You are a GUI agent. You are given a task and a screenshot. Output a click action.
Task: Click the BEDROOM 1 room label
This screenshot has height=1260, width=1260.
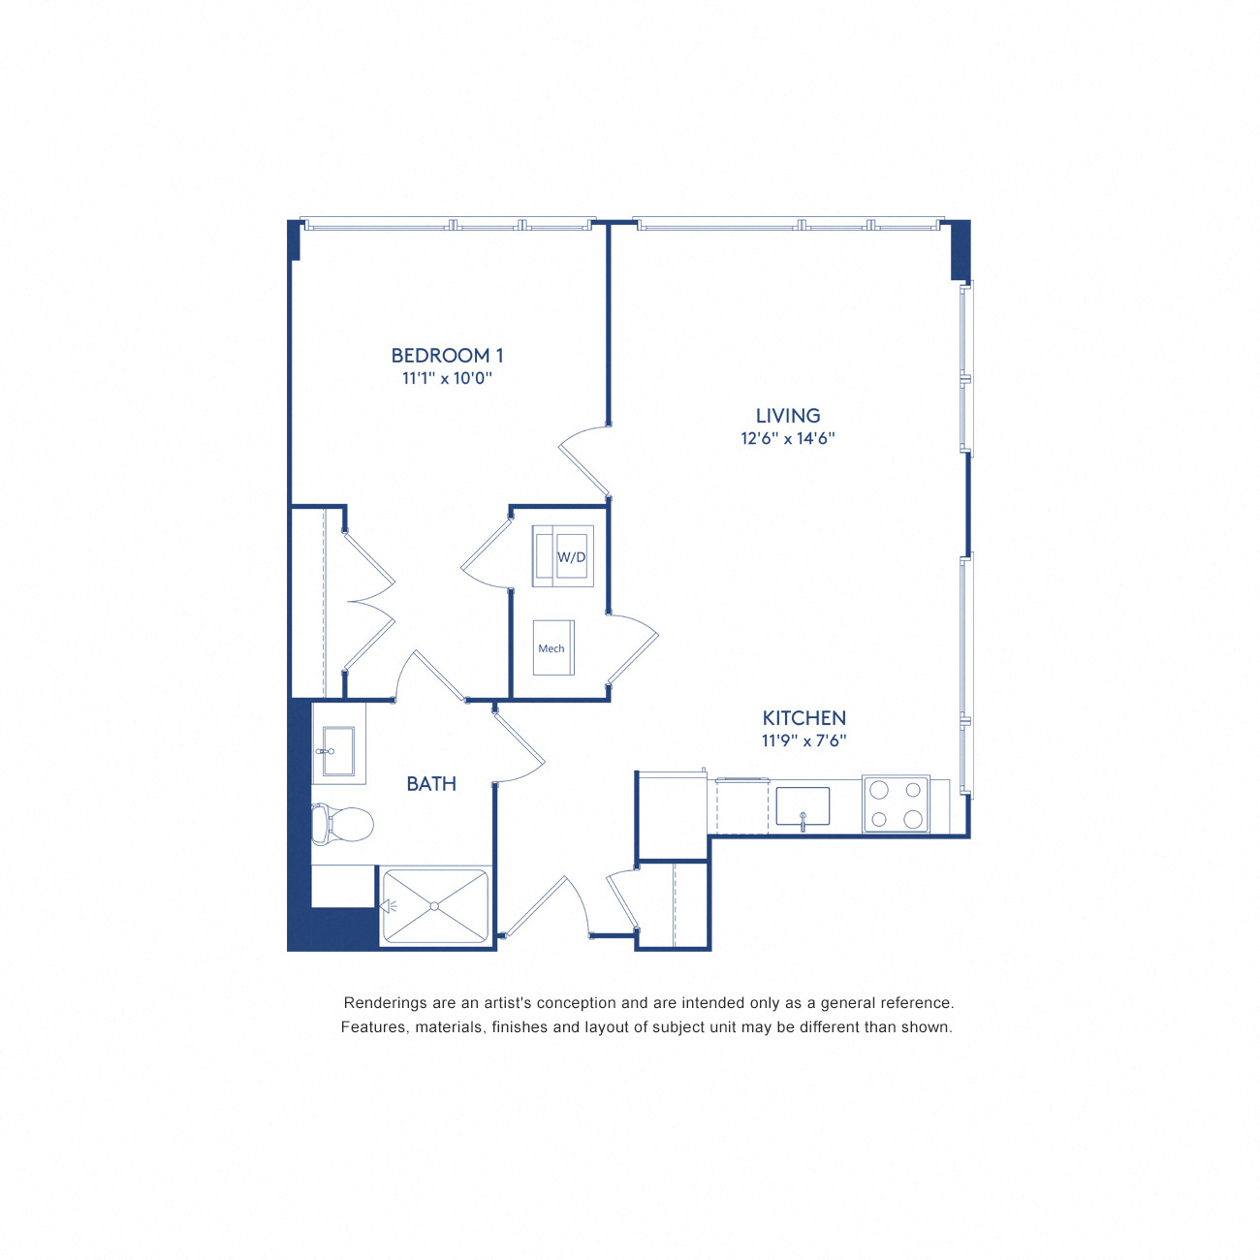point(447,356)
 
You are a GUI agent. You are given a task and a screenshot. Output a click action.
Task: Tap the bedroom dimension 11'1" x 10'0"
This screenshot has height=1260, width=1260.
point(447,378)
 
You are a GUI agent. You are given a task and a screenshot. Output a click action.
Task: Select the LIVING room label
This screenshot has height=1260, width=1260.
point(788,416)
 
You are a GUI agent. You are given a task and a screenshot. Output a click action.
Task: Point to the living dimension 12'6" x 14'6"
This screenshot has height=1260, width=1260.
point(788,438)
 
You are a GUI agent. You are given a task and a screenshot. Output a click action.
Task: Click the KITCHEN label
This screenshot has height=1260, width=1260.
point(803,718)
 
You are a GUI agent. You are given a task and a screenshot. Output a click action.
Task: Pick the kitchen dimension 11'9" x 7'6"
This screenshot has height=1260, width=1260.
point(803,740)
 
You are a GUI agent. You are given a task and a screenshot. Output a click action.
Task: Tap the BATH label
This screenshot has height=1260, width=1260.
point(431,783)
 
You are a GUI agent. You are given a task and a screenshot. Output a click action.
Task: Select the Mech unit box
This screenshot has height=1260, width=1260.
point(552,647)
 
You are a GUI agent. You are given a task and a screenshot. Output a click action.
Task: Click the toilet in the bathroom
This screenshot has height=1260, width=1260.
point(343,825)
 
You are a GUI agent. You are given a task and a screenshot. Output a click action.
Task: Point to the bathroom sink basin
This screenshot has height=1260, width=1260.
point(338,751)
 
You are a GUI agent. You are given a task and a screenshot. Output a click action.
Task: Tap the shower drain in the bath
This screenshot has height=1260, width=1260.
point(435,906)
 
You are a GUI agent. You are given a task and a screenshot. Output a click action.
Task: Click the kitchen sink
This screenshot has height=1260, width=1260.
point(803,806)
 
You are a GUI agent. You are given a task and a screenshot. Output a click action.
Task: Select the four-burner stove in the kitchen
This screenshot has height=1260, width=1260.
point(896,804)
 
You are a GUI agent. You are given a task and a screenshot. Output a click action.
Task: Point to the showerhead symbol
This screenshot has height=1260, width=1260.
point(388,906)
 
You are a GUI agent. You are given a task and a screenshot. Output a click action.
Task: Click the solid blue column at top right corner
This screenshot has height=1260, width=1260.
point(960,250)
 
